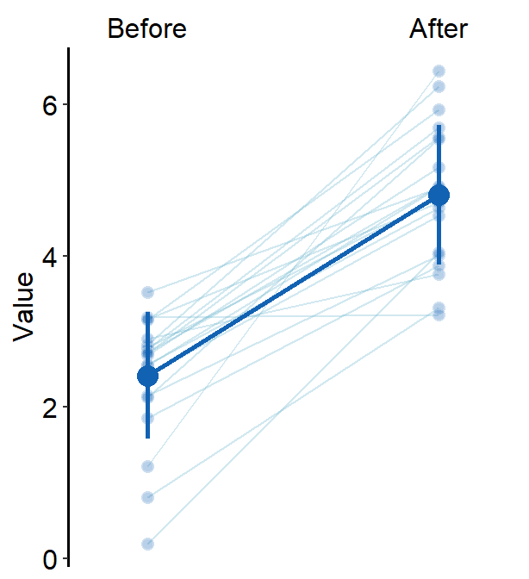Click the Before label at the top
pyautogui.click(x=146, y=29)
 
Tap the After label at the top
pyautogui.click(x=439, y=29)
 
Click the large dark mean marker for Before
pyautogui.click(x=147, y=376)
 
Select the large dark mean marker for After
pyautogui.click(x=439, y=195)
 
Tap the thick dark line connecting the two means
pyautogui.click(x=293, y=285)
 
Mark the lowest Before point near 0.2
pyautogui.click(x=147, y=544)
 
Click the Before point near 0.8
pyautogui.click(x=147, y=497)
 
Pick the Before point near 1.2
pyautogui.click(x=147, y=466)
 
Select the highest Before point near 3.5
pyautogui.click(x=147, y=292)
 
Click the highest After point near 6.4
pyautogui.click(x=439, y=71)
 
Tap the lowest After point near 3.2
pyautogui.click(x=439, y=315)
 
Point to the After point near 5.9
pyautogui.click(x=439, y=109)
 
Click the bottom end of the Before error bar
pyautogui.click(x=147, y=437)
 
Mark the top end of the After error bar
pyautogui.click(x=439, y=126)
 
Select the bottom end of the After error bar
pyautogui.click(x=439, y=263)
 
